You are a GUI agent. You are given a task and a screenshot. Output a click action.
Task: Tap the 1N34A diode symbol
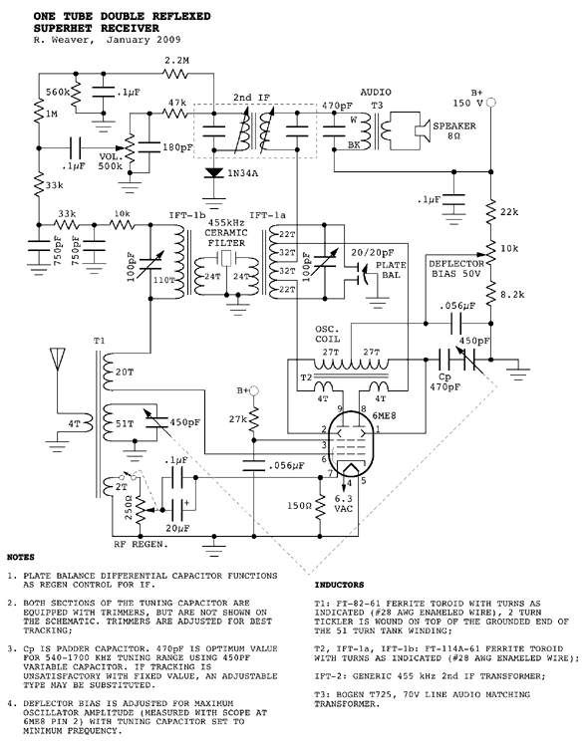(214, 173)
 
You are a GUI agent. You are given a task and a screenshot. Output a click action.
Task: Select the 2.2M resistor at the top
(175, 74)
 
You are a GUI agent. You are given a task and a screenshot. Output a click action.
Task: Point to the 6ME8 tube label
(384, 415)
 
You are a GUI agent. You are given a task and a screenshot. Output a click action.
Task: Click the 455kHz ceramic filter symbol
(225, 258)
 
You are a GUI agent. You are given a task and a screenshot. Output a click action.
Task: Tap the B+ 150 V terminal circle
(490, 102)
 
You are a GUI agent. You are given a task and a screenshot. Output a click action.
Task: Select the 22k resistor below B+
(490, 211)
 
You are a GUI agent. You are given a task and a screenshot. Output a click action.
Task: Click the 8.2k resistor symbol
(490, 295)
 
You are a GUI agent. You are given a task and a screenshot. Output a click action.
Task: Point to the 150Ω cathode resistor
(320, 506)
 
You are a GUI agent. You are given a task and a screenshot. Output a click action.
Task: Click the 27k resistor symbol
(254, 419)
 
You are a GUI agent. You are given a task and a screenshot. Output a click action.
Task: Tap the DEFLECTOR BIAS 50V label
(456, 269)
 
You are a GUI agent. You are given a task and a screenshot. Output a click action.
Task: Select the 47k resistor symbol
(175, 114)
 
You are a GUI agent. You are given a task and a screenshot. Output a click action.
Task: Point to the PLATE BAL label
(391, 270)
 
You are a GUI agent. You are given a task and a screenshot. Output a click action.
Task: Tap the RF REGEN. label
(141, 544)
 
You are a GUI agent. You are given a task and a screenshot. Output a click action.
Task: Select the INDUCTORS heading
(339, 585)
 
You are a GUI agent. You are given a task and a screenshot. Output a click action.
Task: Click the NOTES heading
(21, 557)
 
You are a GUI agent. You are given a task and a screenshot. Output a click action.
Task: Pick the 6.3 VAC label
(343, 504)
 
